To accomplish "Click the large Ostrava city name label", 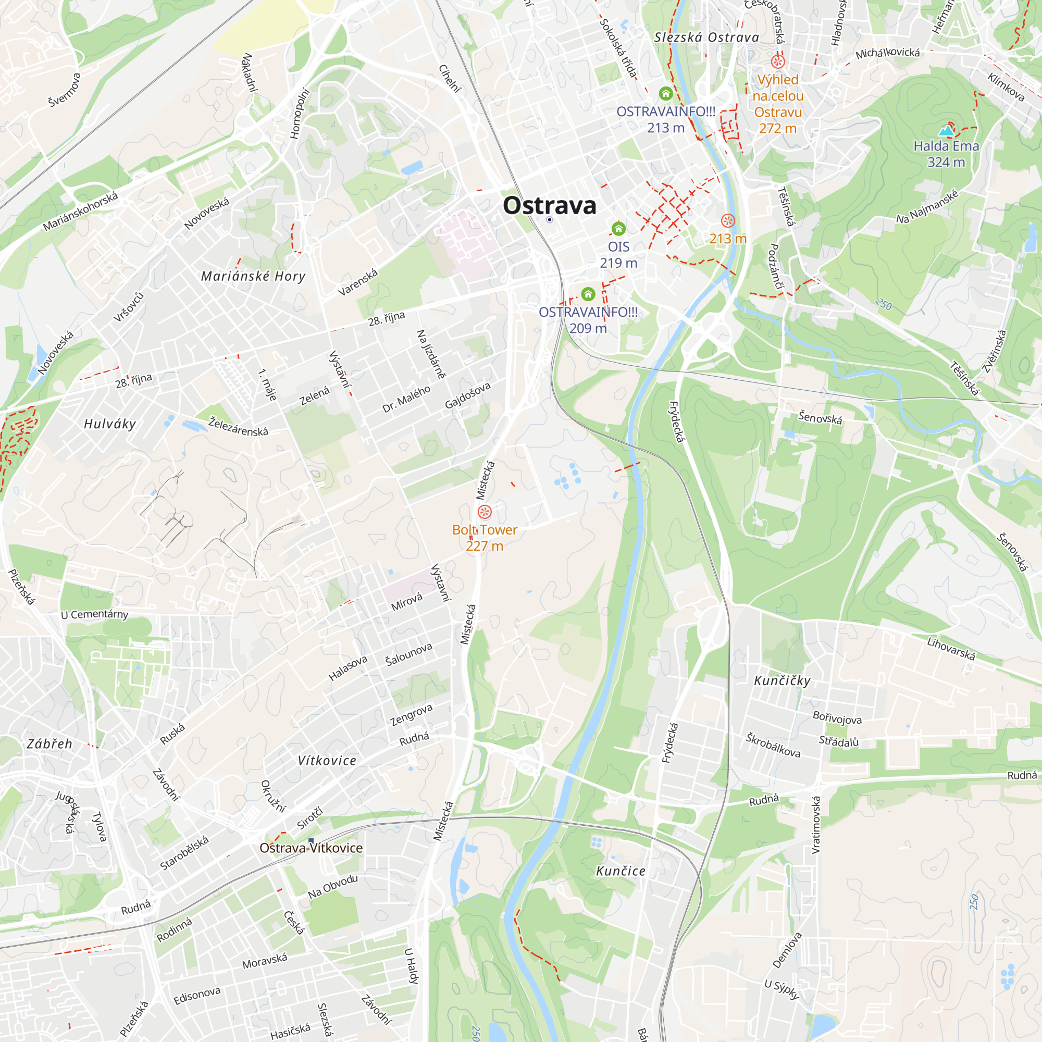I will tap(549, 205).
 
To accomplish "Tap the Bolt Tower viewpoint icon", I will tap(485, 511).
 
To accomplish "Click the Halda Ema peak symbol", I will tap(946, 131).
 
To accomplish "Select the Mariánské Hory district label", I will tap(253, 277).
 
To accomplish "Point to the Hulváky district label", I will tap(110, 424).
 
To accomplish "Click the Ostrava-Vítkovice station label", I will tap(311, 848).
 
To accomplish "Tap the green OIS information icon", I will tap(618, 229).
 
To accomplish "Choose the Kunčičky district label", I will tap(782, 680).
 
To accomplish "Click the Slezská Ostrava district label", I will tap(706, 37).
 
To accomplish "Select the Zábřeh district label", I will tap(49, 744).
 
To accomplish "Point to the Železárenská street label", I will tap(238, 426).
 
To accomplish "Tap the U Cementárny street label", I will tap(94, 614).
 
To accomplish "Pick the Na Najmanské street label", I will tap(928, 206).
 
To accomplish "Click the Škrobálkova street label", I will tap(773, 745).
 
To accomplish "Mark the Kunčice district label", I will tap(620, 871).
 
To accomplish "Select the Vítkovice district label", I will tap(327, 761).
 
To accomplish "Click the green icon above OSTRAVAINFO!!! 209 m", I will tap(588, 294).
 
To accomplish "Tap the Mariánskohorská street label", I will tap(80, 212).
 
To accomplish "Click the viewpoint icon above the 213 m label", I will tap(727, 220).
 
